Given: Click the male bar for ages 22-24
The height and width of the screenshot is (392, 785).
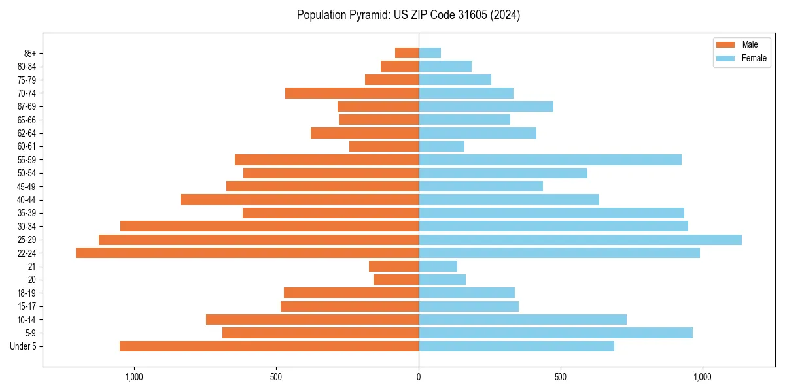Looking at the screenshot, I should click(x=247, y=253).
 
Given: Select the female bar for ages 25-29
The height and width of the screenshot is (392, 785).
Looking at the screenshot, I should click(x=580, y=240).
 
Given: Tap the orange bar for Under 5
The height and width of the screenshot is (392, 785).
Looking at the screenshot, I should click(x=269, y=346).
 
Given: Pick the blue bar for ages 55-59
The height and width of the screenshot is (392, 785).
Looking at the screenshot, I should click(x=550, y=159).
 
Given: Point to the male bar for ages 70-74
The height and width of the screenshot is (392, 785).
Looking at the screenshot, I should click(x=352, y=93).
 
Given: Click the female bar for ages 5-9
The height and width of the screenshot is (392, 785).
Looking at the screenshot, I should click(x=555, y=333).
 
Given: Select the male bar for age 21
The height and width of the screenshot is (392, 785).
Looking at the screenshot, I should click(x=394, y=266).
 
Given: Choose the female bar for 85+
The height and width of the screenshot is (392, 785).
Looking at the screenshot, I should click(x=430, y=53).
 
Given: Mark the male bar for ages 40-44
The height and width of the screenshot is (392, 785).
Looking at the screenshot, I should click(x=300, y=199).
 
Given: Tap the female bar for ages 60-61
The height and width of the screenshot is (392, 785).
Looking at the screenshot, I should click(x=442, y=146).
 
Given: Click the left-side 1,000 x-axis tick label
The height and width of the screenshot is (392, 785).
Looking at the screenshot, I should click(x=134, y=377).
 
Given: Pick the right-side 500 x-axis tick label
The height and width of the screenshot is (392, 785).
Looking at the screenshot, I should click(x=561, y=377).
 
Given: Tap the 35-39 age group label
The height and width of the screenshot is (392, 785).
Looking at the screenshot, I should click(x=27, y=213).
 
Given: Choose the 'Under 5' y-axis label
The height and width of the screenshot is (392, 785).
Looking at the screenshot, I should click(x=24, y=346).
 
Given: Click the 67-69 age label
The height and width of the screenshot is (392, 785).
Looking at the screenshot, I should click(x=27, y=106).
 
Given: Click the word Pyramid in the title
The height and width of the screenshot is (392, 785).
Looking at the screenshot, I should click(x=366, y=15).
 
